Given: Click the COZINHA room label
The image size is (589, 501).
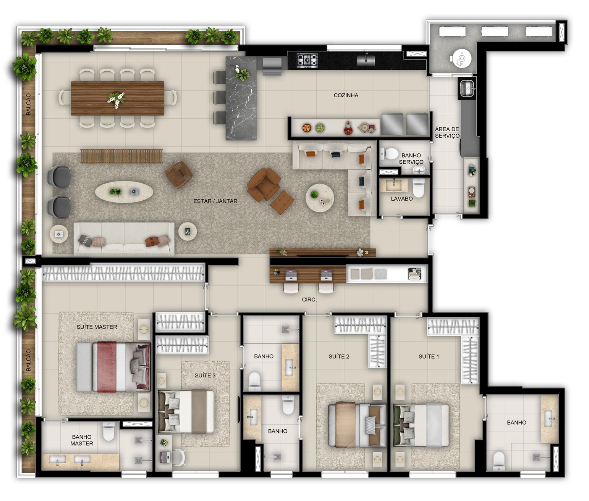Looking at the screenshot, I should click(346, 95).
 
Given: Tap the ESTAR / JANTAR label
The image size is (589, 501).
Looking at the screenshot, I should click(215, 201).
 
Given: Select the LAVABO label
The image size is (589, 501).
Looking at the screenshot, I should click(401, 199).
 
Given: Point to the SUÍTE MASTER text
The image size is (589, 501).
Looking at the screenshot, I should click(97, 327).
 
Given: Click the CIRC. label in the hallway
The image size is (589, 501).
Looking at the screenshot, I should click(309, 300).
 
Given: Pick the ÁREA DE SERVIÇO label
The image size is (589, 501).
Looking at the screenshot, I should click(447, 132).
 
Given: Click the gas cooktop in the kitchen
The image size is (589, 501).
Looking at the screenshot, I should click(307, 60).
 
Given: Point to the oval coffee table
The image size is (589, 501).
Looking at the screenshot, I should click(124, 192).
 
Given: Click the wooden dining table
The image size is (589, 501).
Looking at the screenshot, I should click(118, 98).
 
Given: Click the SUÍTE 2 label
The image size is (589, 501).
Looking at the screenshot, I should click(339, 357).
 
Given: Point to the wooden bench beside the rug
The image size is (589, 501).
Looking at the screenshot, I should click(121, 156).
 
